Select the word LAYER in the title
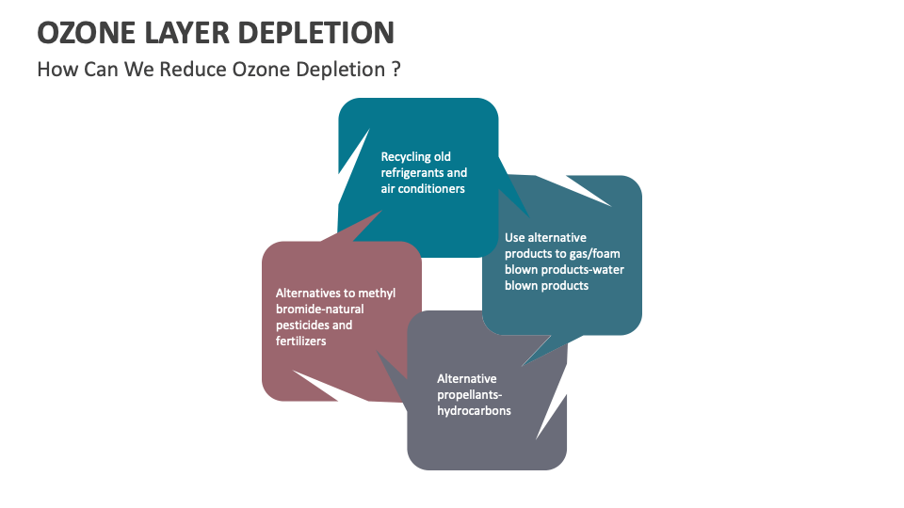[190, 32]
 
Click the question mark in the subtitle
[395, 71]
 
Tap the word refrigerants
[412, 172]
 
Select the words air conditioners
[423, 188]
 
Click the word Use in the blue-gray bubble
[515, 238]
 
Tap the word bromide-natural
[319, 310]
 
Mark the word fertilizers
[301, 341]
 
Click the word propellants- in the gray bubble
[468, 395]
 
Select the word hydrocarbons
[474, 411]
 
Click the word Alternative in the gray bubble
[467, 379]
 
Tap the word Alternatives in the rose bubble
[309, 294]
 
